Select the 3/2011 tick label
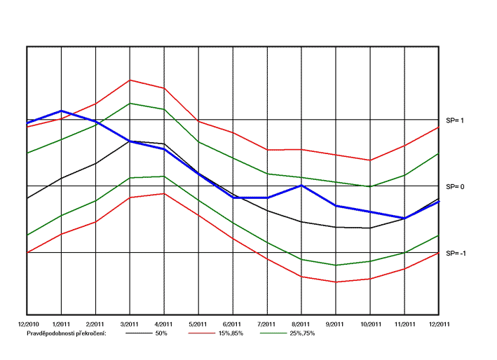point(130,324)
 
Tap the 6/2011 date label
point(233,324)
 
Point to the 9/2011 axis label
point(336,324)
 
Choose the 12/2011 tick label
point(439,324)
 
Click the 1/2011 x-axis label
point(61,324)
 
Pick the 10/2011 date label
point(370,324)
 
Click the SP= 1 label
point(456,120)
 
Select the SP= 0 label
point(456,186)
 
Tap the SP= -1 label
point(456,252)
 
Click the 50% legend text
point(161,333)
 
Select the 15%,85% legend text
point(233,333)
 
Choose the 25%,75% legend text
point(303,333)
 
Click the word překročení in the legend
point(89,333)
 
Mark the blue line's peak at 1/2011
point(61,111)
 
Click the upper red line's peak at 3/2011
point(130,80)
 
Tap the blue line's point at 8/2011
point(301,185)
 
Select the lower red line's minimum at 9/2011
point(336,282)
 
